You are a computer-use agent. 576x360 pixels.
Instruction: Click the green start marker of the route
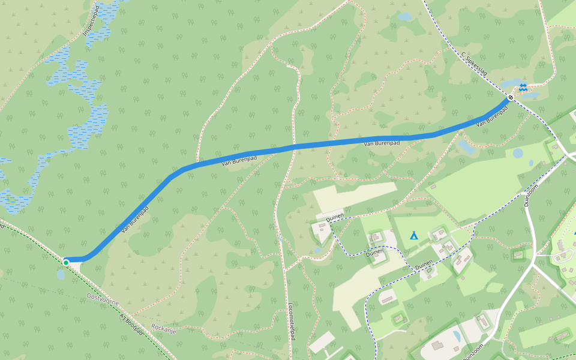pyautogui.click(x=65, y=262)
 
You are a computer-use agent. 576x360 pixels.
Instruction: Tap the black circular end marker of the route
pyautogui.click(x=511, y=97)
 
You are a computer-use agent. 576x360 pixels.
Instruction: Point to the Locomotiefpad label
pyautogui.click(x=292, y=321)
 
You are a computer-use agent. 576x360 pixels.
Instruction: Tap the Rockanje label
pyautogui.click(x=164, y=329)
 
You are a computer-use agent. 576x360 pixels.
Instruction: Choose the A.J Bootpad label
pyautogui.click(x=131, y=324)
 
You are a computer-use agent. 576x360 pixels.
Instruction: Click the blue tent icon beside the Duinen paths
pyautogui.click(x=413, y=235)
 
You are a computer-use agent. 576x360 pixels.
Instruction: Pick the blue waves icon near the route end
pyautogui.click(x=523, y=88)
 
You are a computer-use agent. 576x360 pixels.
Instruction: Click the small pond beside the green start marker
pyautogui.click(x=61, y=275)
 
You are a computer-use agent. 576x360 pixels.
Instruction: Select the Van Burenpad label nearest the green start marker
pyautogui.click(x=135, y=220)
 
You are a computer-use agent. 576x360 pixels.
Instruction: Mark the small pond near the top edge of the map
pyautogui.click(x=406, y=17)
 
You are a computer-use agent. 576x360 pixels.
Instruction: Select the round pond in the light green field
pyautogui.click(x=518, y=153)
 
